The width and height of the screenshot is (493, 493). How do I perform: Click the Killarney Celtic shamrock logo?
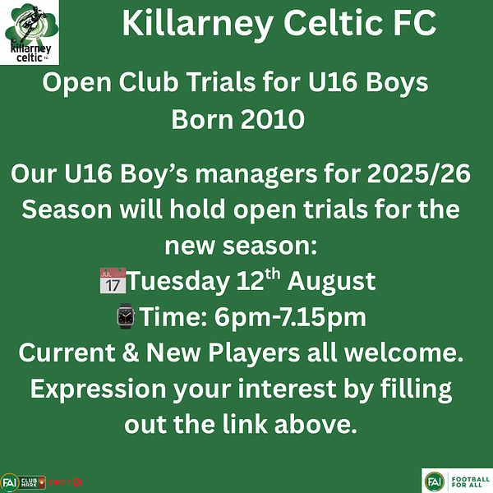[30, 32]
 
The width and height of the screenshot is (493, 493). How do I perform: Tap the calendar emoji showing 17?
[113, 280]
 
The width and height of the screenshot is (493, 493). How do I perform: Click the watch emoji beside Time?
[126, 316]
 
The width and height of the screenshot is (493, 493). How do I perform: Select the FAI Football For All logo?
[457, 481]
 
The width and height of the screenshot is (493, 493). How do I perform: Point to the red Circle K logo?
[66, 482]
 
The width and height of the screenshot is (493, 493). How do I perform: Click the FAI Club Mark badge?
[23, 482]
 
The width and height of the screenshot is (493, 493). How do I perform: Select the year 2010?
[273, 119]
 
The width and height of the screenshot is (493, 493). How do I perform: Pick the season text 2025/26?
[419, 173]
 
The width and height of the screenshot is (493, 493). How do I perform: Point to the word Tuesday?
[178, 281]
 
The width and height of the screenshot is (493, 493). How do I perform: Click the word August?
[331, 282]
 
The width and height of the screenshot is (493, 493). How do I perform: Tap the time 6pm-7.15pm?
[290, 317]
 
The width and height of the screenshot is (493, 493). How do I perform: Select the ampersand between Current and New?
[130, 352]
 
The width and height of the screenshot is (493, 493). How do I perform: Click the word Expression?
[98, 389]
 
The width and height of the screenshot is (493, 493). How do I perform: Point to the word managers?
[256, 175]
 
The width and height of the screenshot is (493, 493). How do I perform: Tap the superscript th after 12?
[272, 274]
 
